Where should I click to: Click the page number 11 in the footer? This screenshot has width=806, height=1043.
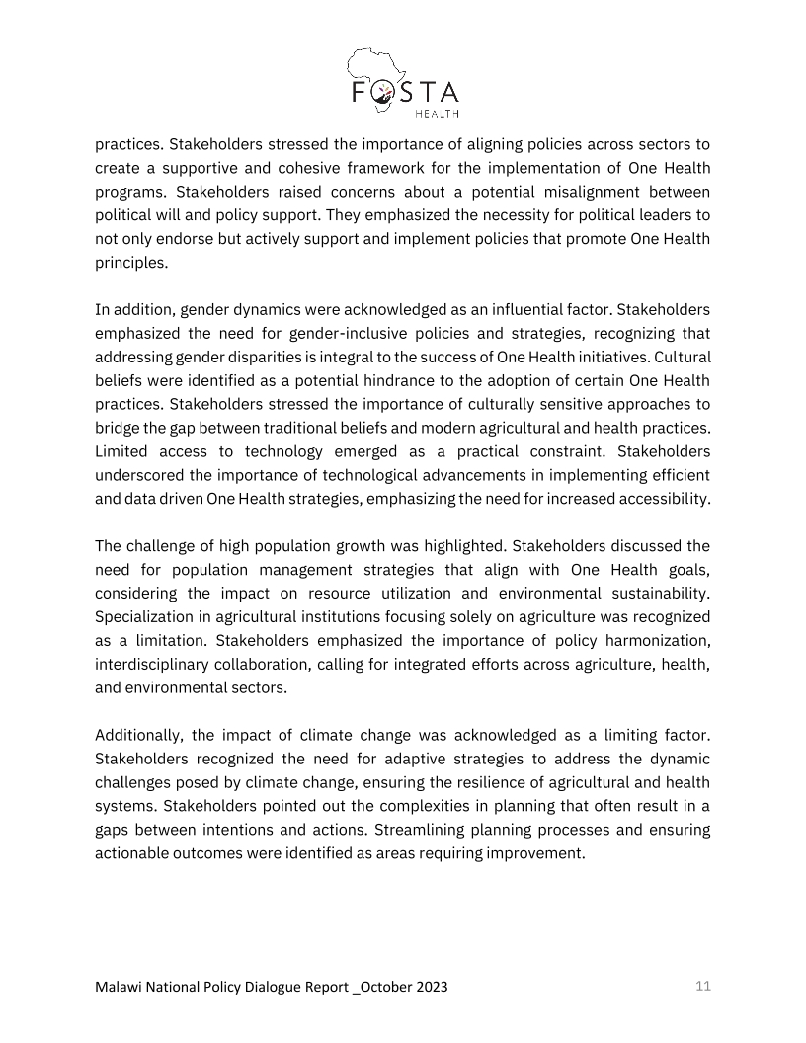(x=702, y=986)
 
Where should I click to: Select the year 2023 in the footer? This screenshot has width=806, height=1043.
(x=429, y=987)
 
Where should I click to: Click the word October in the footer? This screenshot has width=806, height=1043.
(x=380, y=987)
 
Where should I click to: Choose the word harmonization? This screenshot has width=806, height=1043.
(x=652, y=640)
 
